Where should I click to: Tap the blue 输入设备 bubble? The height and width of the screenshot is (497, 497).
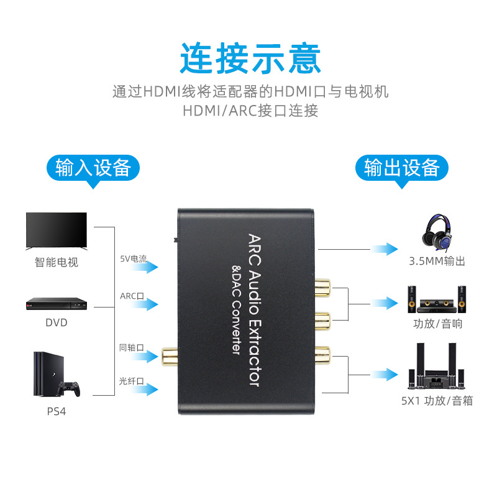click(x=93, y=168)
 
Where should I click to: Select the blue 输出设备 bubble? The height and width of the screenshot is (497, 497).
click(x=402, y=168)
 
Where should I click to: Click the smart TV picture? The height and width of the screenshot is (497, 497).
click(x=56, y=231)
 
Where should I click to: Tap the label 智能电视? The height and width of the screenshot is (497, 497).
click(x=56, y=262)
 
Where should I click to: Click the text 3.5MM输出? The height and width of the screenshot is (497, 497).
click(x=437, y=261)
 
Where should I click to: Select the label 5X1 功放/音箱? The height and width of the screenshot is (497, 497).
click(x=437, y=401)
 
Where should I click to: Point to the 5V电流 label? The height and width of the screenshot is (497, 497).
click(x=134, y=258)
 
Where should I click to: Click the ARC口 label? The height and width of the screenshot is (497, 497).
click(x=132, y=296)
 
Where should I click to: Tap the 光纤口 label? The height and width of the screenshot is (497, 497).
click(x=132, y=381)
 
